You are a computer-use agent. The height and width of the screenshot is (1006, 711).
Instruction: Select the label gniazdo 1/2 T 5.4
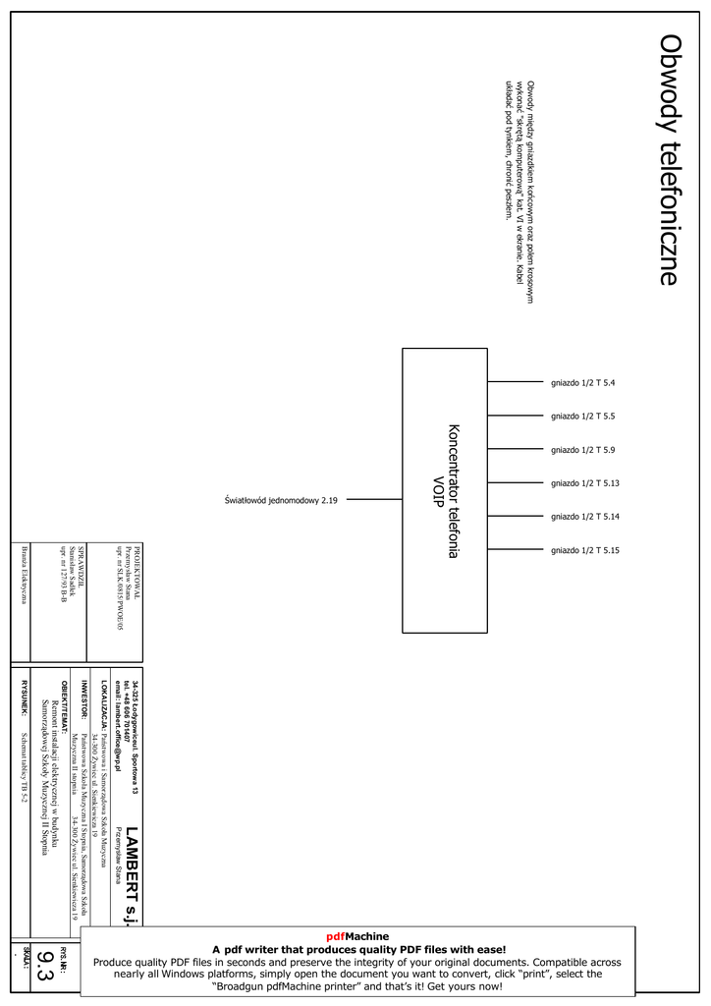[x=582, y=382]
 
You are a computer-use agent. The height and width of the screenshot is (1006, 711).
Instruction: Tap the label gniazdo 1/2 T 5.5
[x=582, y=416]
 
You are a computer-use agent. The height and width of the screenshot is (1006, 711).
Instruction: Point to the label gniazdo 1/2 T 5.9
[x=582, y=449]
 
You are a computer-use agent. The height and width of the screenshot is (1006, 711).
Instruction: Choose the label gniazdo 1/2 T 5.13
[x=584, y=482]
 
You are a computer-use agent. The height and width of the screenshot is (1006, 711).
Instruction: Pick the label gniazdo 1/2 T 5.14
[x=584, y=516]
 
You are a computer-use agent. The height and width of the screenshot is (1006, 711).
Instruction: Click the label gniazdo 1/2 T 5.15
[x=584, y=549]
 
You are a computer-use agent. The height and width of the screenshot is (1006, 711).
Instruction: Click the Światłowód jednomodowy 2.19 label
[x=282, y=500]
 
